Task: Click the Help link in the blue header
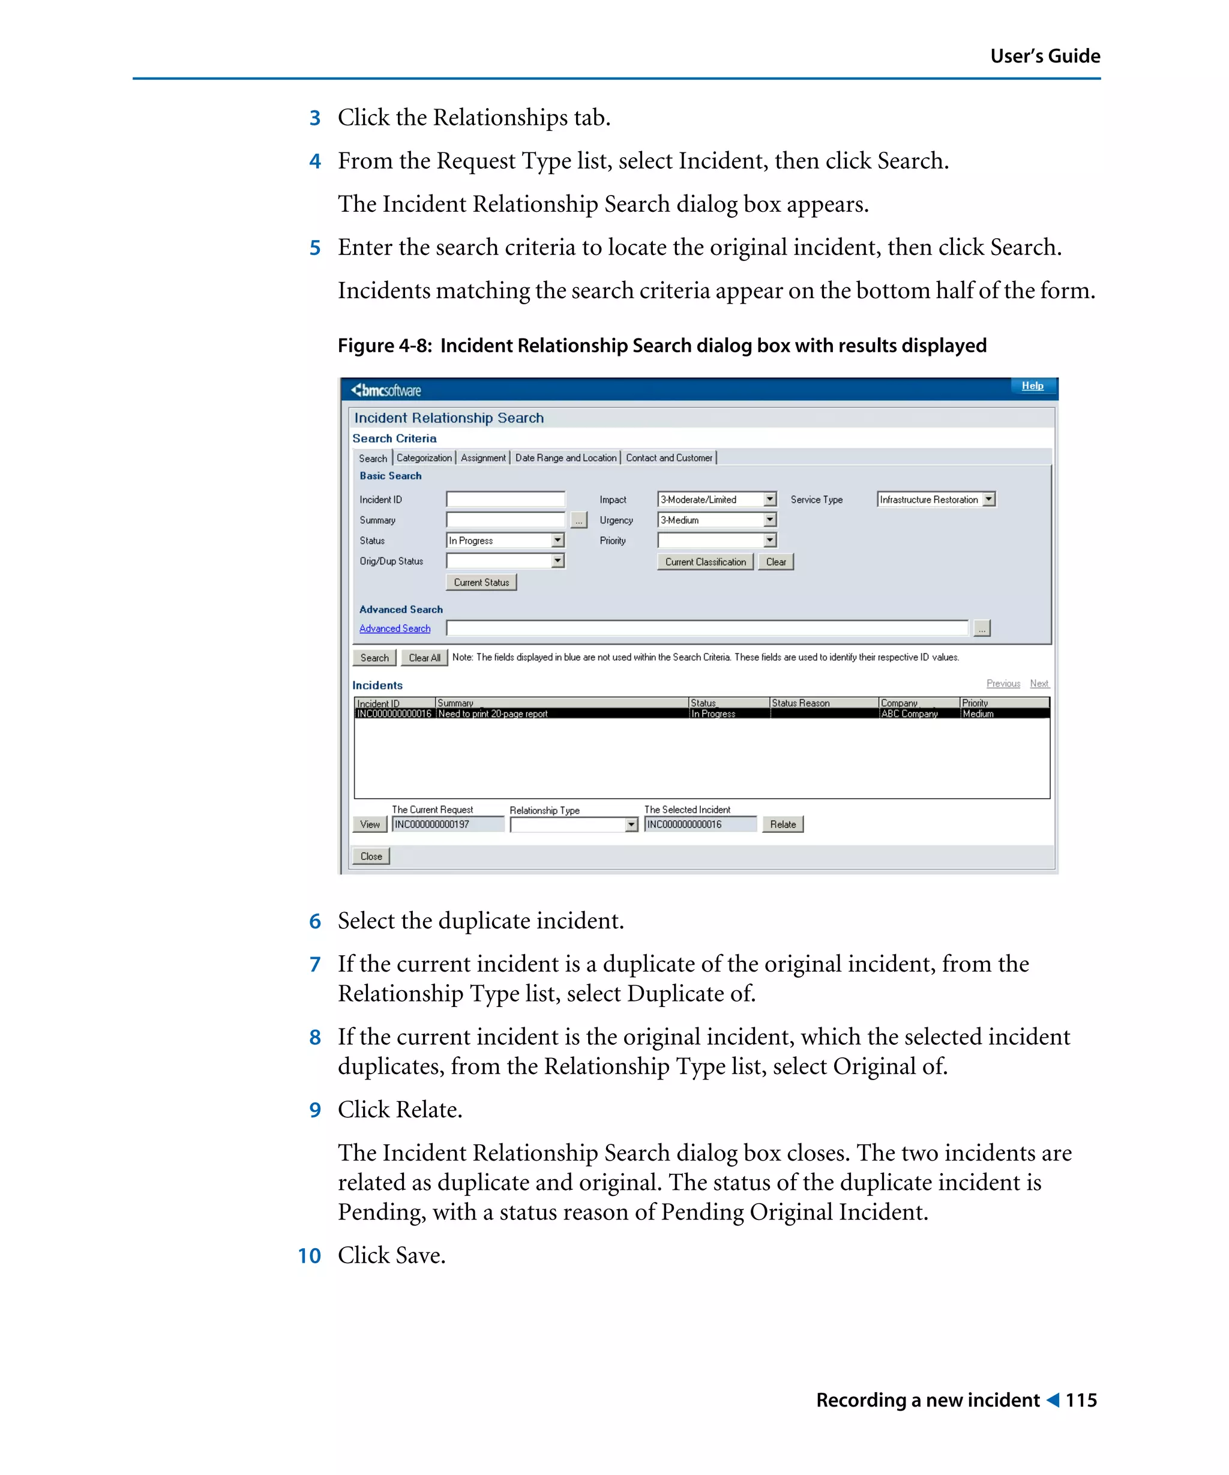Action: point(1032,386)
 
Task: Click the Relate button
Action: point(783,825)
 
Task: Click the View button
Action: point(370,825)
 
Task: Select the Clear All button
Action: point(424,658)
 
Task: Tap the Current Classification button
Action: point(705,562)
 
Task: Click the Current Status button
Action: point(481,582)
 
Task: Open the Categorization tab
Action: point(424,458)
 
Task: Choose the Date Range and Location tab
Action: point(565,458)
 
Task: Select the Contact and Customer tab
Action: point(669,458)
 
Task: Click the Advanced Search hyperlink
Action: point(395,629)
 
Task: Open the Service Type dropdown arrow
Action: point(989,499)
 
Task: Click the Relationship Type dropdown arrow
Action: point(631,825)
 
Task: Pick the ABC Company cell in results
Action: point(909,713)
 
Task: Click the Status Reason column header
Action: point(801,703)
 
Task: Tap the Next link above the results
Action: point(1039,683)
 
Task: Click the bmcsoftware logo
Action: point(386,391)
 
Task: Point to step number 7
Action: point(315,964)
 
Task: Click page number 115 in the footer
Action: point(1081,1400)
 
